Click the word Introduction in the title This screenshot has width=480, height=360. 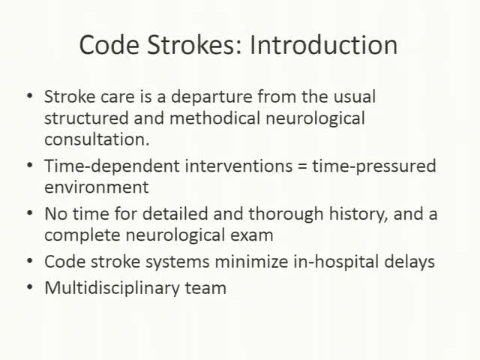(323, 45)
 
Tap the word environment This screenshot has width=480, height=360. (96, 186)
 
